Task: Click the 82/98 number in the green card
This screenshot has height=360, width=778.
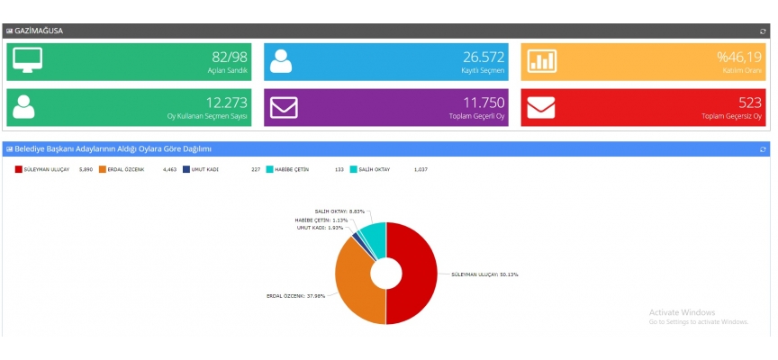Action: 229,57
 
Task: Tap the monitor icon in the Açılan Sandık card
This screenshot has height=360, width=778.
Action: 28,59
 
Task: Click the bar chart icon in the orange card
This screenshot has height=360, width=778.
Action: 542,59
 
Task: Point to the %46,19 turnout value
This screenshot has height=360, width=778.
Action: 739,57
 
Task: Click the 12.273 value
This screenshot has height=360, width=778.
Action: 226,103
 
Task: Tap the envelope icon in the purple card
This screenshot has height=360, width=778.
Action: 285,106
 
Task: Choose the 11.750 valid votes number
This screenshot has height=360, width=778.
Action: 484,103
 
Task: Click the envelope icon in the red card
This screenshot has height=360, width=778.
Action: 542,106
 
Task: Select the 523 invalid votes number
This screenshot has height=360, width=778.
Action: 749,103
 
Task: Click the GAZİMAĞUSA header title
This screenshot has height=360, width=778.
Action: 39,31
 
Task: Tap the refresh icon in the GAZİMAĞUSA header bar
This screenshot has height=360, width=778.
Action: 763,31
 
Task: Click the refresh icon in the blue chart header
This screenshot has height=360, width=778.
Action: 763,148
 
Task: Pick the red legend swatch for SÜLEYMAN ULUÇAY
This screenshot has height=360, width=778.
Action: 17,168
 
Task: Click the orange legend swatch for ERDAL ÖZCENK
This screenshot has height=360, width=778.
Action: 103,168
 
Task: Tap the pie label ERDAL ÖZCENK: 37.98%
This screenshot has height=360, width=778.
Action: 296,295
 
